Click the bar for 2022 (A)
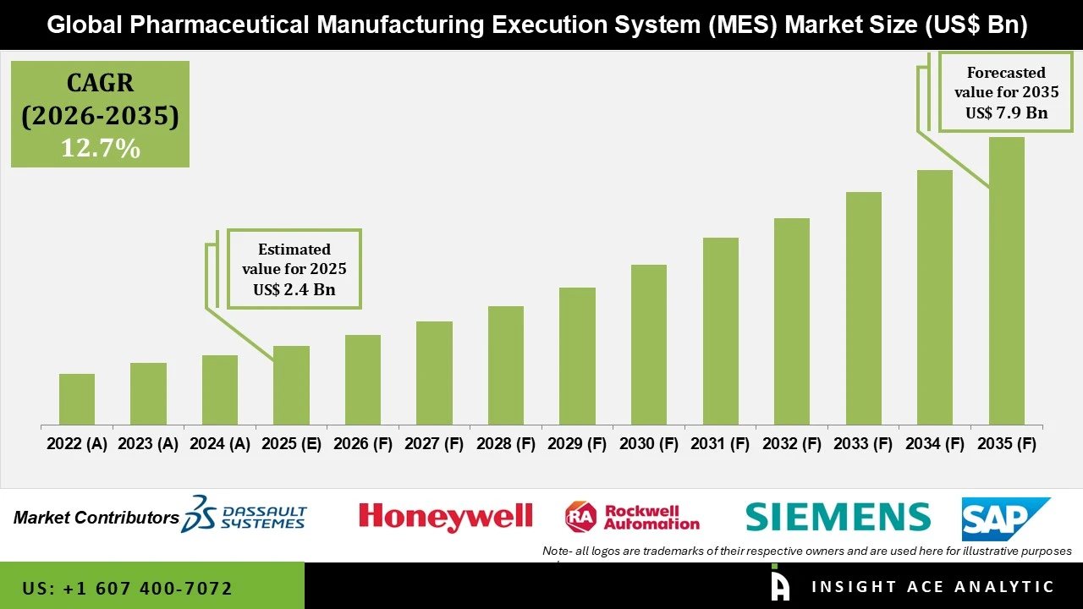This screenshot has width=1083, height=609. coord(77,399)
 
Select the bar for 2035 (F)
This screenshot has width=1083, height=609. coord(1006,281)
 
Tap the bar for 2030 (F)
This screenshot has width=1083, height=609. coord(648,344)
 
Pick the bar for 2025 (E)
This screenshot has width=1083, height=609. coord(291,385)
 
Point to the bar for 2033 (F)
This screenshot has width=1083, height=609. coord(863,308)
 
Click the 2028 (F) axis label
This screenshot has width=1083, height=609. coord(506,444)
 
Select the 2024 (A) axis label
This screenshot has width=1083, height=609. coord(220,444)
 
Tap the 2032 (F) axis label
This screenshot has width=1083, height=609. coord(792,444)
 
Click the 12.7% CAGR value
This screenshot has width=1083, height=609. coord(100,148)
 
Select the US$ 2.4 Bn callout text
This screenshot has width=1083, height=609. coord(294,289)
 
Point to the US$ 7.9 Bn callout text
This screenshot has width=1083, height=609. coord(1006,112)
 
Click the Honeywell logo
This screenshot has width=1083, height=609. coord(445,516)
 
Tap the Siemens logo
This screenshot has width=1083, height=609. coord(838,516)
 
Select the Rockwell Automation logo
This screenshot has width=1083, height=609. coord(632,516)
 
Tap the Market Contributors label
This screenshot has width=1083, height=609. coord(96,518)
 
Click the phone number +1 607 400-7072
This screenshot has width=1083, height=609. coord(127,588)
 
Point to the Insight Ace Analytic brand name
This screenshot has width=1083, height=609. coord(932,587)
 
